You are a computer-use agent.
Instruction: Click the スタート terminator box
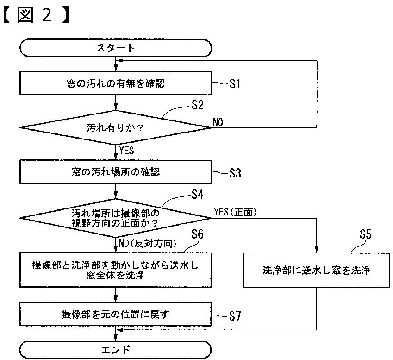[116, 48]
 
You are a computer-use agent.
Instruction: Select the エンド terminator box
[116, 349]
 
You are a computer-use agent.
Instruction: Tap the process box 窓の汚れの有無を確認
[116, 83]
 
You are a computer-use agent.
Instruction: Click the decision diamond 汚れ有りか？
[116, 128]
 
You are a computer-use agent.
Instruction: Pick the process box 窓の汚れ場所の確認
[116, 172]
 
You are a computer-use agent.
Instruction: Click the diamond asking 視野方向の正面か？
[116, 218]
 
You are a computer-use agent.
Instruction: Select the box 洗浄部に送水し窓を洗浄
[317, 270]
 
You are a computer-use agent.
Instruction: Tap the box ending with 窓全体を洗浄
[116, 270]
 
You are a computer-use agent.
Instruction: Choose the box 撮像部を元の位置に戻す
[116, 314]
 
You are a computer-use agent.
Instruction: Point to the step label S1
[235, 83]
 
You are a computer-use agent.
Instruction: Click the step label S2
[198, 105]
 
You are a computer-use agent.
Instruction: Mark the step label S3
[235, 173]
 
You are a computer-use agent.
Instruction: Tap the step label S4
[198, 194]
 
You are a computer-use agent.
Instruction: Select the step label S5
[365, 234]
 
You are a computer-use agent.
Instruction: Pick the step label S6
[198, 234]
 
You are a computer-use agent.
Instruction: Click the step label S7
[235, 316]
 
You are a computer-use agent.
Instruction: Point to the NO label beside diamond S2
[218, 122]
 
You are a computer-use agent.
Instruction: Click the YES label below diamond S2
[126, 150]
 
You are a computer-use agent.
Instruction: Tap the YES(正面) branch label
[235, 212]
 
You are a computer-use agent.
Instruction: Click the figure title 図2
[36, 15]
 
